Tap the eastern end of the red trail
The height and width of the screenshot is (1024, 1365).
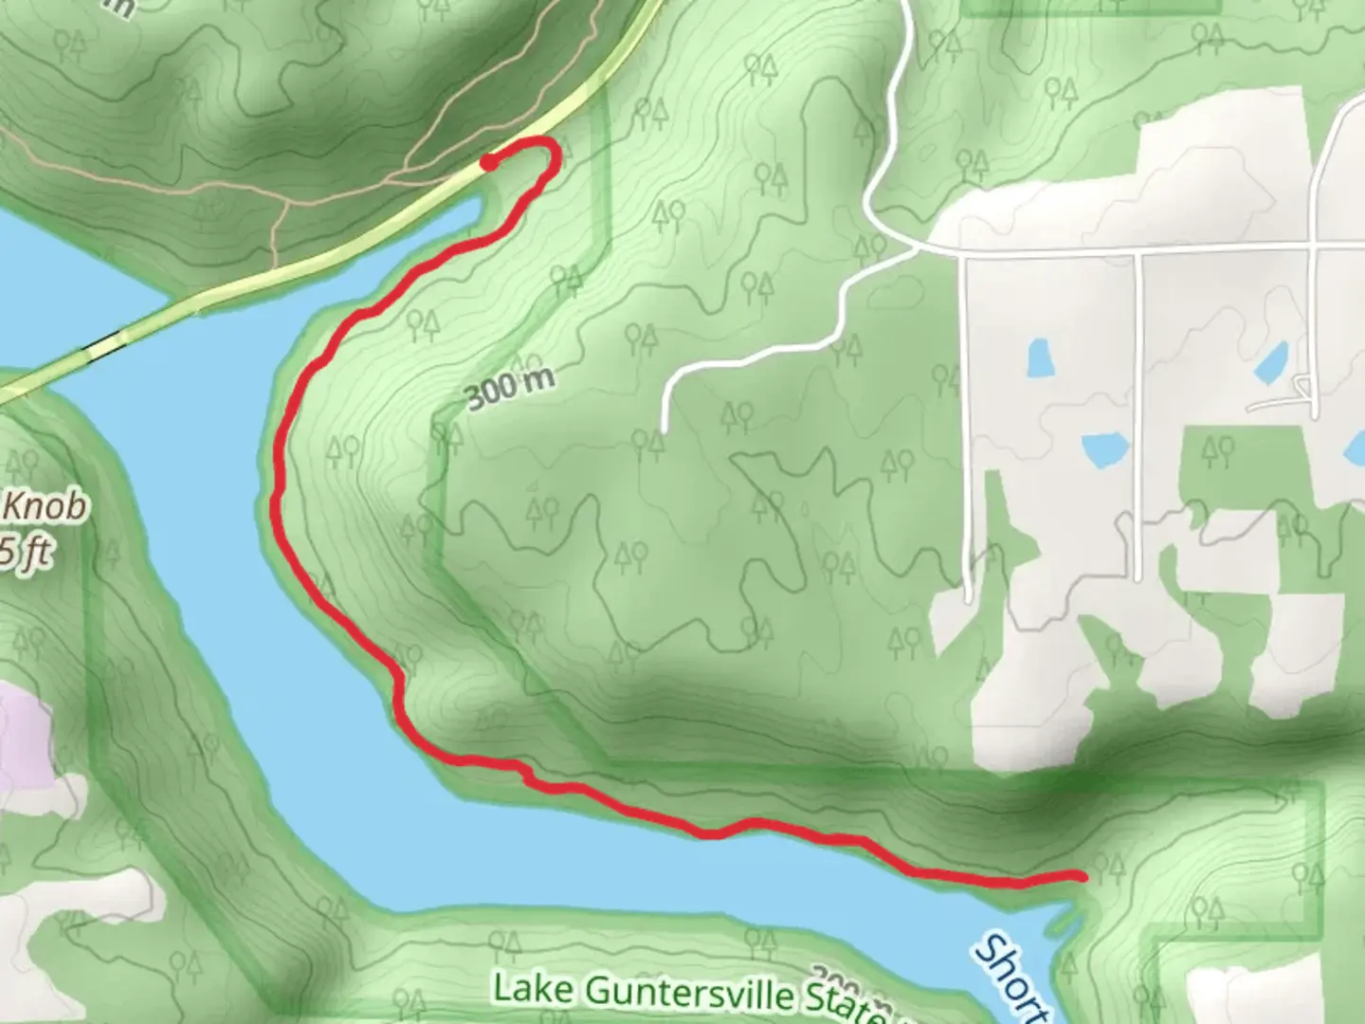point(1081,876)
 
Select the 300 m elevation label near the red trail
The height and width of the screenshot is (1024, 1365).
point(510,388)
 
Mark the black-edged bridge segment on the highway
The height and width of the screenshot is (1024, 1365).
point(106,346)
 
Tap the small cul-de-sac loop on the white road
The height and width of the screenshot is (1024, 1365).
point(1302,386)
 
